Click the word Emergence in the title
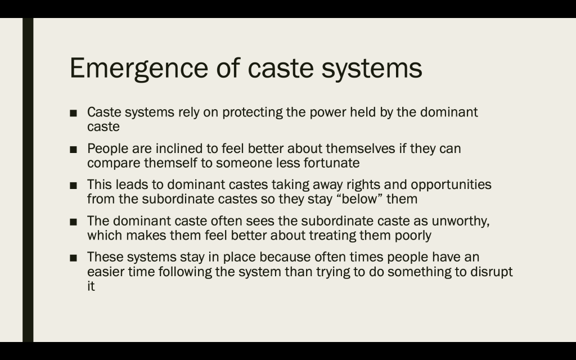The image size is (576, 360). click(139, 68)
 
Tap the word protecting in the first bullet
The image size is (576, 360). click(253, 112)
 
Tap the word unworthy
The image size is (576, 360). click(460, 221)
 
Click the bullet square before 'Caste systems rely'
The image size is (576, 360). click(73, 113)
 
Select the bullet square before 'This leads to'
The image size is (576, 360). click(73, 186)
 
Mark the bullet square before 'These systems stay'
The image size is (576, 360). click(73, 258)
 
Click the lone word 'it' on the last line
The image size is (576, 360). click(91, 286)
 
